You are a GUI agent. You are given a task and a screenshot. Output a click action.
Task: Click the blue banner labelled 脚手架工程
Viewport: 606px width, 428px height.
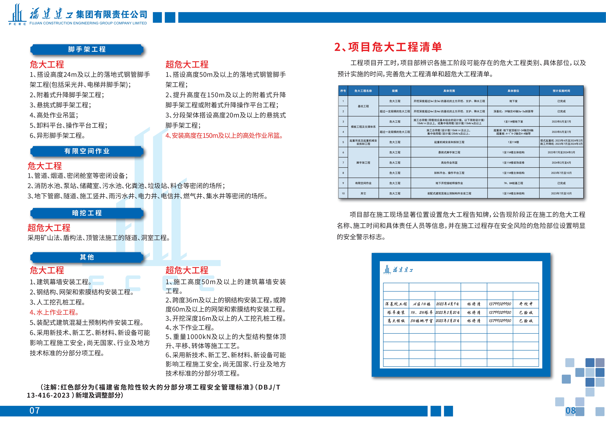tap(87, 49)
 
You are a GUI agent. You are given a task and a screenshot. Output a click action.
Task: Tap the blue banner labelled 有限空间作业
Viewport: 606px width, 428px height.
tap(87, 151)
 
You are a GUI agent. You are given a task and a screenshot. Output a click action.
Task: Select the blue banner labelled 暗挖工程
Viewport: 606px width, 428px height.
tap(87, 213)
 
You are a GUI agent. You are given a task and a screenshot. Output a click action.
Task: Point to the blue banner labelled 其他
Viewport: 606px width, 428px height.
tap(87, 257)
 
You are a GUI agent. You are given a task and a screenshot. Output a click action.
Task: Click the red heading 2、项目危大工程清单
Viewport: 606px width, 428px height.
tap(388, 47)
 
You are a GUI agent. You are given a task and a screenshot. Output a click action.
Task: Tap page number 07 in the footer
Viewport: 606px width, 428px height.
tap(35, 411)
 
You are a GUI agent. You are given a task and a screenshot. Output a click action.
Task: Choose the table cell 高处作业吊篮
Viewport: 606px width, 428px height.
tap(449, 163)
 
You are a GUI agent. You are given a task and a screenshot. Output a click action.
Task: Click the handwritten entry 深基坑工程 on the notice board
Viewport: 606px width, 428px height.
tap(396, 304)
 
